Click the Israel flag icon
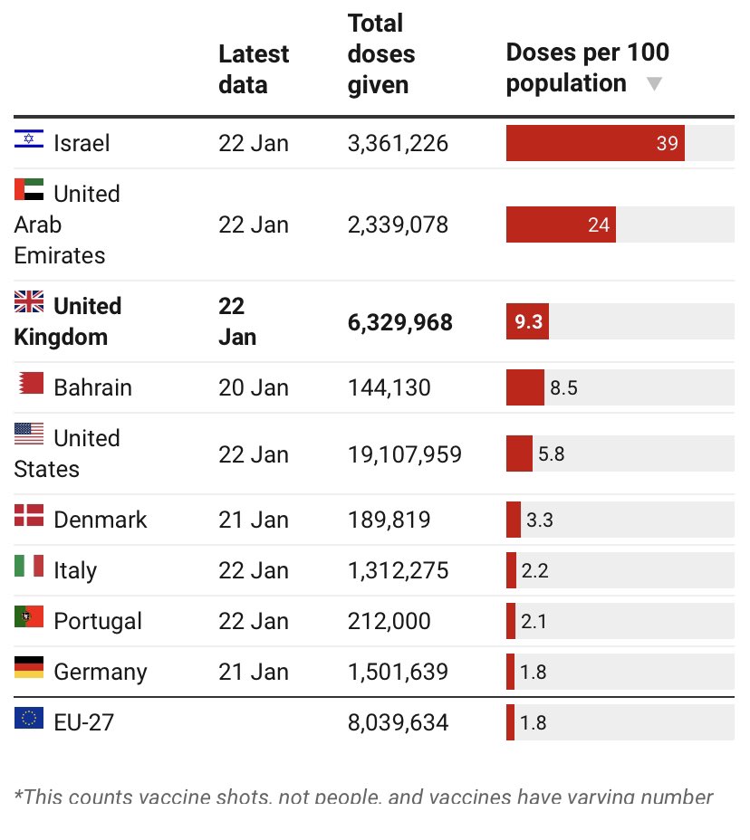tap(29, 139)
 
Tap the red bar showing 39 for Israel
tap(594, 143)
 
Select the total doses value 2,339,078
tap(398, 224)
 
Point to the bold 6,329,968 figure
tap(399, 322)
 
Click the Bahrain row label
tap(92, 387)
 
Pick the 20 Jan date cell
tap(253, 387)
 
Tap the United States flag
tap(29, 434)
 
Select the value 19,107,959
tap(404, 453)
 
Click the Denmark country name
tap(100, 520)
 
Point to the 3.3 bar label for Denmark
tap(539, 520)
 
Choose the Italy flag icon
tap(29, 567)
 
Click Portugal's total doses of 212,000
tap(389, 621)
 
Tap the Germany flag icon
tap(29, 668)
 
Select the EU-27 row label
tap(83, 722)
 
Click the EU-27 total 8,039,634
tap(398, 722)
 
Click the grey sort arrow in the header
tap(654, 84)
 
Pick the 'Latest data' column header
tap(253, 69)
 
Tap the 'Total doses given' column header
tap(381, 53)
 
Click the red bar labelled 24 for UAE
tap(560, 224)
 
